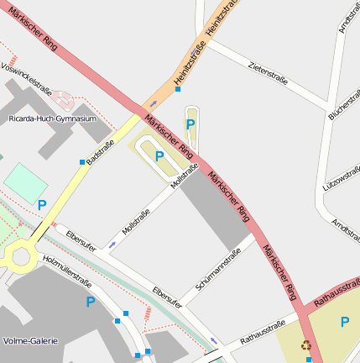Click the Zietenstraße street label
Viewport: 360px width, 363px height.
(x=269, y=73)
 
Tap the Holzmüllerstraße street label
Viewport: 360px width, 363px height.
(x=66, y=266)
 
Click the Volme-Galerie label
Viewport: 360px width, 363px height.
(x=29, y=341)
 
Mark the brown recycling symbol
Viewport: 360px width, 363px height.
(x=306, y=345)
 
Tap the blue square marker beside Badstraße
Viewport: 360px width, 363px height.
(x=81, y=161)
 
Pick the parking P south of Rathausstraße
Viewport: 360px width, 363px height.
(x=344, y=321)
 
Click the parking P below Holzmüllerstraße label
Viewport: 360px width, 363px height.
(x=90, y=301)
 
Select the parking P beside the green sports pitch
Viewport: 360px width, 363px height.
(x=41, y=204)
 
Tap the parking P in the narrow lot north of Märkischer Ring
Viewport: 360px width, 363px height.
(x=190, y=124)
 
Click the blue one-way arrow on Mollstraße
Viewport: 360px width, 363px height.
(x=112, y=245)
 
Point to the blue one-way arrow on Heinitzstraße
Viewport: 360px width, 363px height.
(x=153, y=105)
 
